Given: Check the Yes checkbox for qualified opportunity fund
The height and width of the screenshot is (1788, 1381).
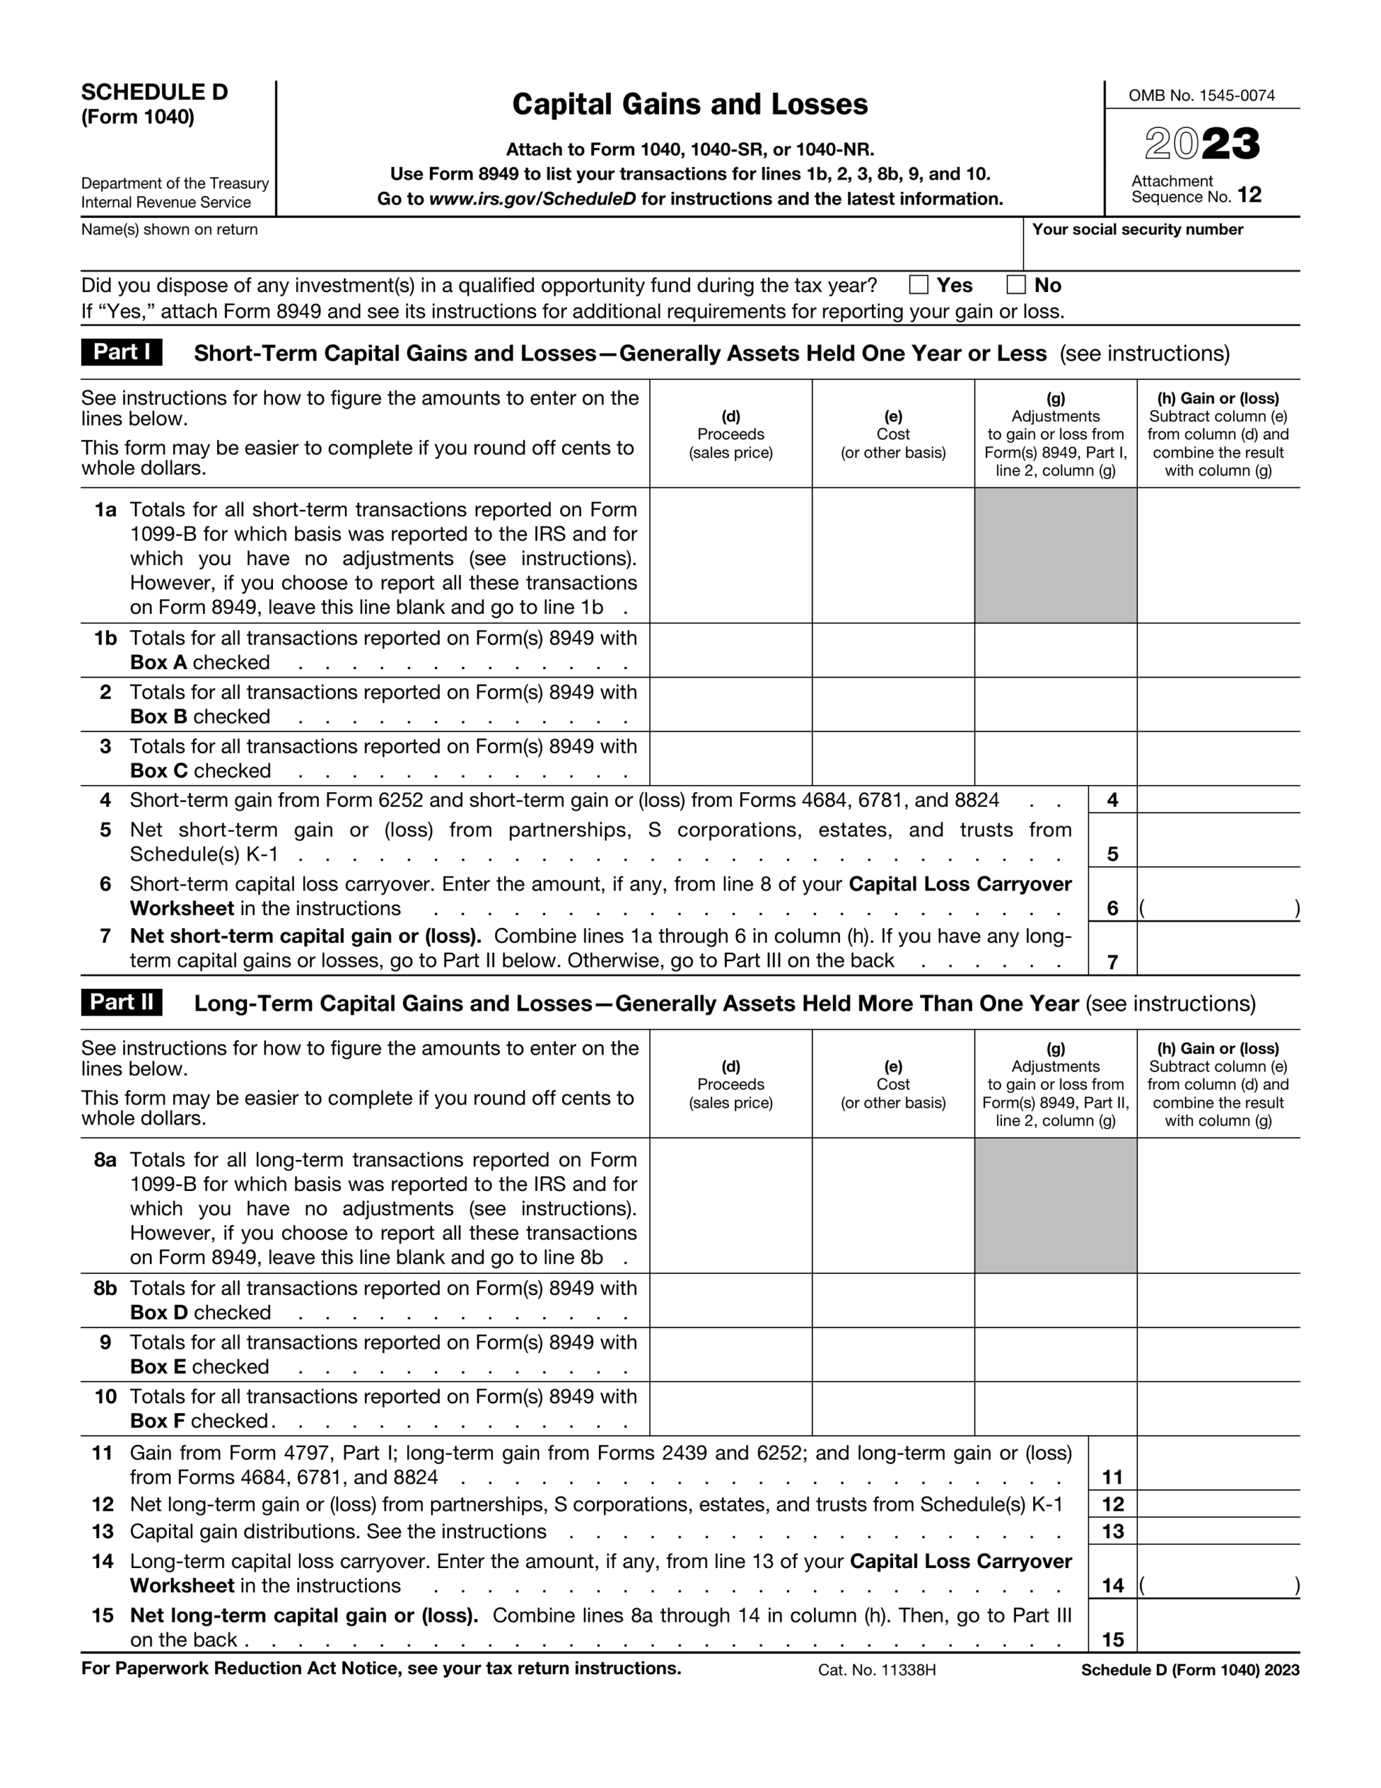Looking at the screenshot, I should click(x=919, y=285).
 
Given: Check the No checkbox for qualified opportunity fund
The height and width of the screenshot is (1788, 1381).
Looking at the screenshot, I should click(x=1016, y=285).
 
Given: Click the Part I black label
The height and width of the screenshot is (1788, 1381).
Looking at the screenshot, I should click(x=121, y=352).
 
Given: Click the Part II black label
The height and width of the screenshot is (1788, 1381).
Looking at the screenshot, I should click(x=121, y=1002).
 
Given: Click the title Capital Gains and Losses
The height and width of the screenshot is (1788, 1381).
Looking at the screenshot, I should click(x=689, y=105).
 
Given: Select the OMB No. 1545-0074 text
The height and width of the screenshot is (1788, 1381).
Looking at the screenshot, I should click(x=1201, y=96).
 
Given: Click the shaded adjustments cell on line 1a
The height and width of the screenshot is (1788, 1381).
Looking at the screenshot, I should click(x=1055, y=555).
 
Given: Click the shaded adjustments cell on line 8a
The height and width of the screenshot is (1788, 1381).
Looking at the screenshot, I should click(x=1055, y=1205).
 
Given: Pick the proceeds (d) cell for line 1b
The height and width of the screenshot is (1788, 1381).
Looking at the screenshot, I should click(x=730, y=650).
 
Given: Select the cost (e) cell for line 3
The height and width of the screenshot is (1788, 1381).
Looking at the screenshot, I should click(x=892, y=758).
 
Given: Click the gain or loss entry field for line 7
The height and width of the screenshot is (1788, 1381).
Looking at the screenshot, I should click(x=1218, y=950).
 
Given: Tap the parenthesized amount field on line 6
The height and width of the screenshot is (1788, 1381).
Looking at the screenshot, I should click(x=1218, y=907).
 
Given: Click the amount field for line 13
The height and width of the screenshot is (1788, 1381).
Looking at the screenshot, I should click(x=1218, y=1531).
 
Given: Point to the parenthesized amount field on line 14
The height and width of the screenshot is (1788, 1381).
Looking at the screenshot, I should click(x=1218, y=1585).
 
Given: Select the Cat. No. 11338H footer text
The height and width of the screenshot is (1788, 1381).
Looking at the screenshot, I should click(x=876, y=1670).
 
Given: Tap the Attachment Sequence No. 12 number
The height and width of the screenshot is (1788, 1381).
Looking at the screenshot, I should click(x=1249, y=195).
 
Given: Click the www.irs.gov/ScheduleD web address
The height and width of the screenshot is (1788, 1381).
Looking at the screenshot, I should click(x=532, y=199).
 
